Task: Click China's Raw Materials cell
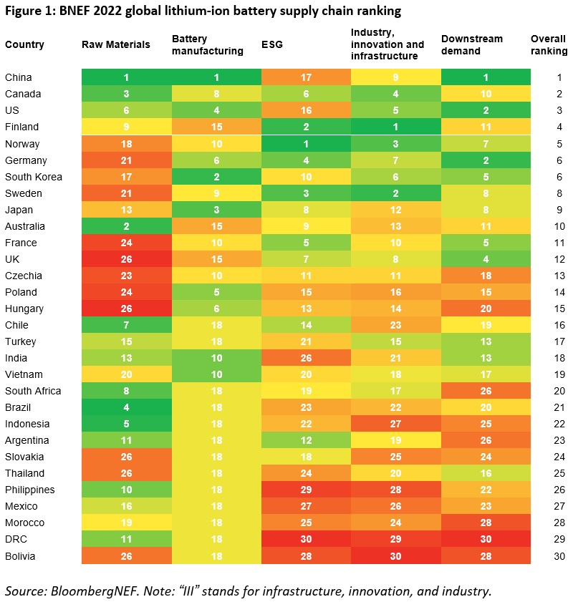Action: tap(126, 77)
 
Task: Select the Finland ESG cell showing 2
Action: tap(306, 127)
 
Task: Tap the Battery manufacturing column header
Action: tap(208, 44)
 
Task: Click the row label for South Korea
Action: tap(34, 177)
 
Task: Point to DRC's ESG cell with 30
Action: tap(306, 539)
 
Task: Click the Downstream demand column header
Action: tap(472, 44)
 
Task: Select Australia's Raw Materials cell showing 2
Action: tap(126, 226)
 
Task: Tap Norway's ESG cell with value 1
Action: tap(306, 144)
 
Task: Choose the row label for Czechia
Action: tap(24, 276)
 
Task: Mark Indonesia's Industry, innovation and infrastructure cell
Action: tap(395, 424)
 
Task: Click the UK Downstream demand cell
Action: tap(486, 259)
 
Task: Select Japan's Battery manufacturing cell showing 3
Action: tap(216, 210)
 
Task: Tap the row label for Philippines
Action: tap(29, 490)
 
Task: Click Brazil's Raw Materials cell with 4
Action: tap(126, 407)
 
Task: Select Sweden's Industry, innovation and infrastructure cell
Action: tap(395, 193)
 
